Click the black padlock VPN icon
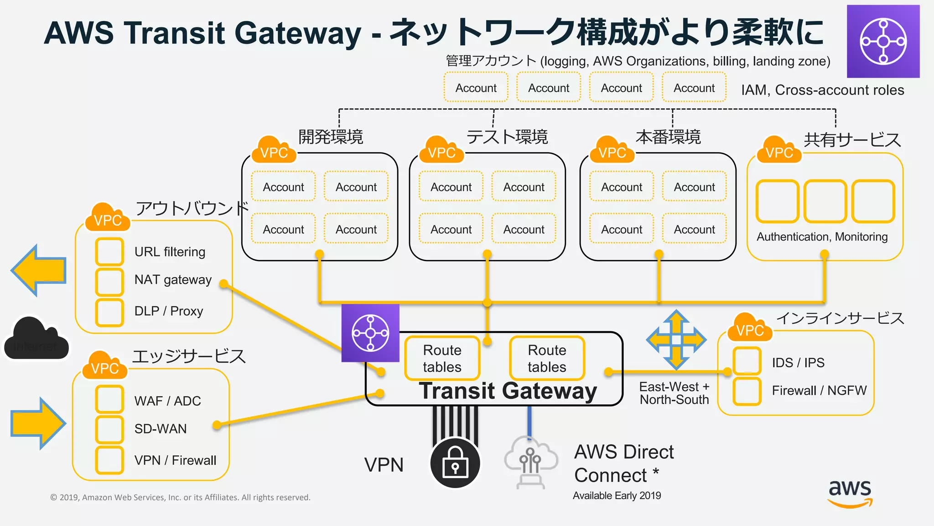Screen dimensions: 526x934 click(x=455, y=463)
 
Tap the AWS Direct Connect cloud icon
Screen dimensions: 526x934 click(x=530, y=461)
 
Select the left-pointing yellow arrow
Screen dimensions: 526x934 click(x=39, y=270)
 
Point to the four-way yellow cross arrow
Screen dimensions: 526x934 click(x=676, y=340)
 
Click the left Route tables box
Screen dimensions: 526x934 click(x=442, y=358)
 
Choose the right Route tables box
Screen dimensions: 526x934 click(x=547, y=358)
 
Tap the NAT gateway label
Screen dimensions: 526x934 click(x=173, y=279)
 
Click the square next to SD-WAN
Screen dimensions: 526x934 click(x=109, y=429)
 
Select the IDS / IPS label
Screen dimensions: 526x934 click(x=798, y=363)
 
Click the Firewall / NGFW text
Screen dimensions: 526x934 click(x=819, y=390)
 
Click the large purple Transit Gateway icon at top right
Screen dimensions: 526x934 click(x=883, y=42)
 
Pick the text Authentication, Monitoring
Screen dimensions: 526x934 click(x=822, y=237)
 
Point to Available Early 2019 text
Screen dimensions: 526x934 click(x=617, y=495)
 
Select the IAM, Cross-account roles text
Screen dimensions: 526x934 click(x=822, y=90)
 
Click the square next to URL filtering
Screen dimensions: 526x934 click(x=109, y=252)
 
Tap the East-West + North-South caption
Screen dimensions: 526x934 click(x=674, y=393)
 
